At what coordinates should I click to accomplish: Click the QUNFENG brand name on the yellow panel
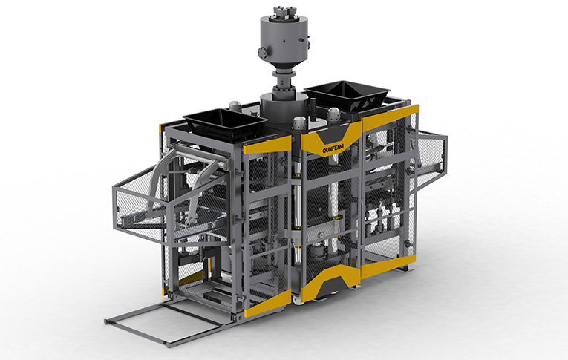[x=333, y=148]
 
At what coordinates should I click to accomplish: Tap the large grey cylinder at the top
[x=284, y=40]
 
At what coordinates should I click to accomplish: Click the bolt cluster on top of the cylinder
[x=284, y=12]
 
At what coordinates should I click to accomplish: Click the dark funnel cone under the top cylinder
[x=284, y=68]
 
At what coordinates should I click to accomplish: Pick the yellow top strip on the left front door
[x=267, y=144]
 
